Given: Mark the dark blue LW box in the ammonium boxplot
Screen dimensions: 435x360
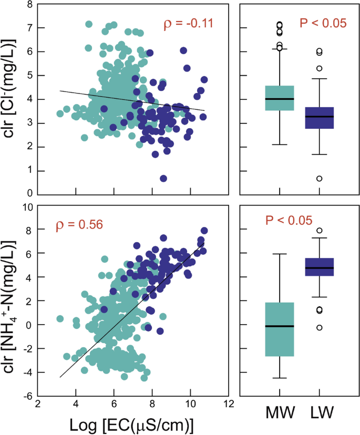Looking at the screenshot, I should (320, 267).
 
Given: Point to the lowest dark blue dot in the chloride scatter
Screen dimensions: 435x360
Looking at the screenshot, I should (163, 179).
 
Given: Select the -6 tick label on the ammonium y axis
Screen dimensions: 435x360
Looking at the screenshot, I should (24, 397).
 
